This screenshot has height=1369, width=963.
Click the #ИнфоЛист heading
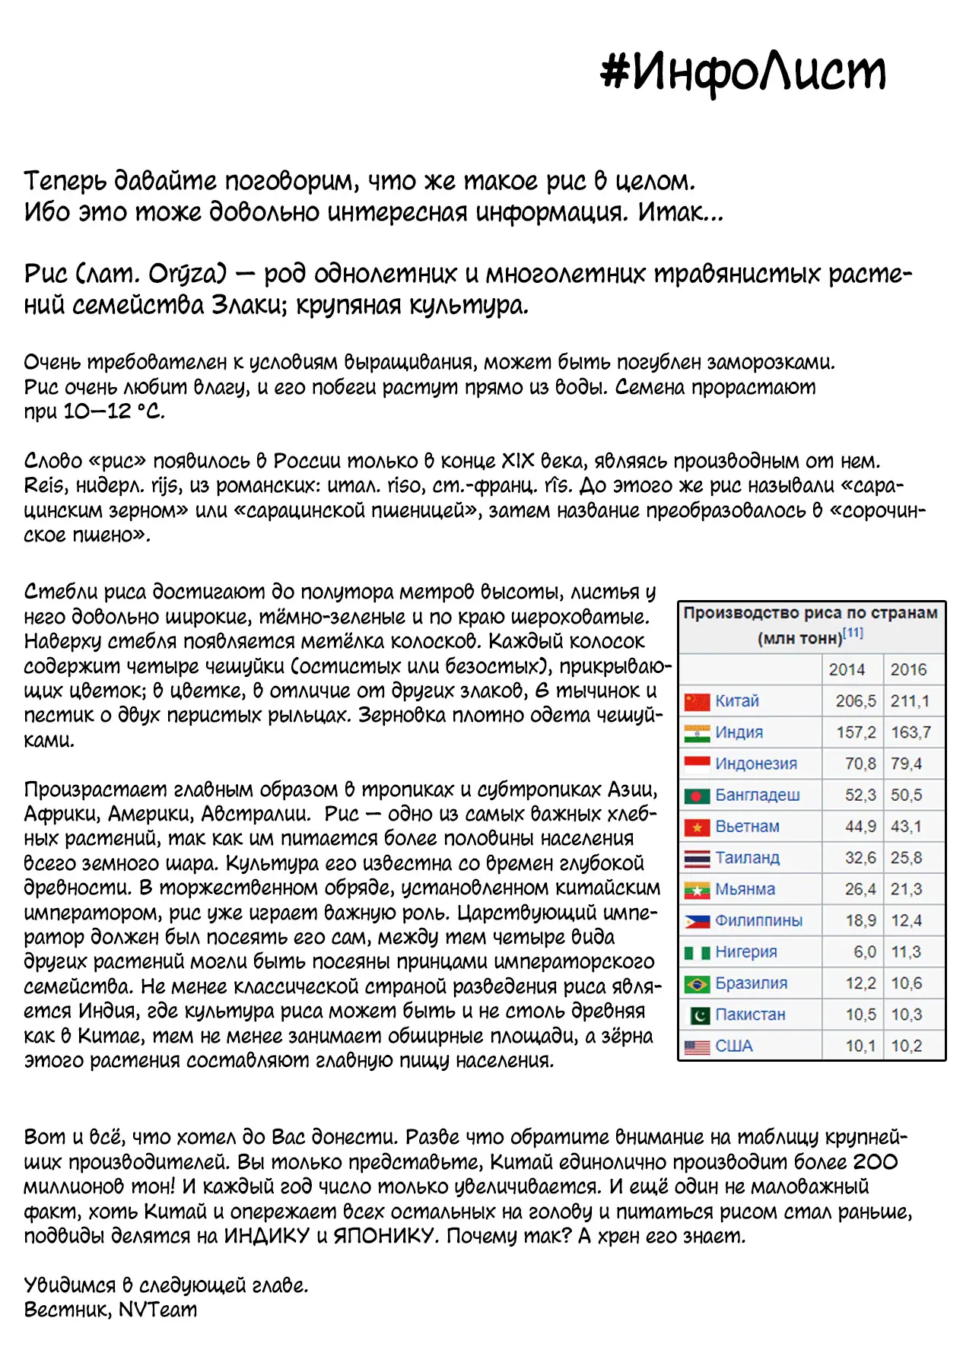coord(743,72)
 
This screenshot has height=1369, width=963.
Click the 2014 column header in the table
coord(847,669)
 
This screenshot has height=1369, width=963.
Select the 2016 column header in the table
coord(908,669)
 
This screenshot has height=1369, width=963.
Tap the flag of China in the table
coord(697,701)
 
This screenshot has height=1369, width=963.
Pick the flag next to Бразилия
coord(697,983)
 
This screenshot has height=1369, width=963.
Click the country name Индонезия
coord(756,764)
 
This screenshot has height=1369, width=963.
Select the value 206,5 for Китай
coord(856,701)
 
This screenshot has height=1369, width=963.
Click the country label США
coord(734,1046)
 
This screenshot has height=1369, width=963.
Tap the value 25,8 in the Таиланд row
coord(906,858)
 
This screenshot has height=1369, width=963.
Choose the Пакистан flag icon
coord(697,1015)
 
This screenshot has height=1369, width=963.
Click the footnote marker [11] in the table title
coord(853,633)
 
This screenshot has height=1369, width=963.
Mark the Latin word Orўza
coord(187,274)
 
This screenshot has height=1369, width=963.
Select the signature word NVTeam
coord(157,1310)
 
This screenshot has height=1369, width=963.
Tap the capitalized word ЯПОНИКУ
coord(386,1236)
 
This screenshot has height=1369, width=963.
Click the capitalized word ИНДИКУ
coord(266,1236)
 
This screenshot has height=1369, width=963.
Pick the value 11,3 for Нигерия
coord(906,952)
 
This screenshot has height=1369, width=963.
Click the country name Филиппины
coord(758,920)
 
